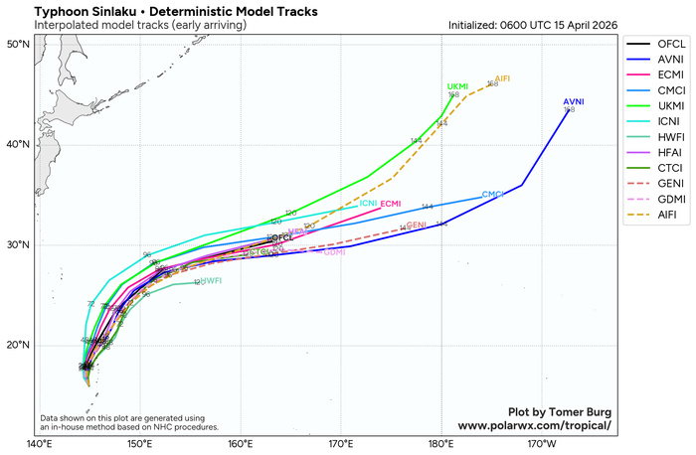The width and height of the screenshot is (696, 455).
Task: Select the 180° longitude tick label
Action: click(x=441, y=443)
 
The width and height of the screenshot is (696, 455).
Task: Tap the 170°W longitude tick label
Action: click(x=543, y=443)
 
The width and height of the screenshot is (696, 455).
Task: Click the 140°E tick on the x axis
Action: click(x=39, y=443)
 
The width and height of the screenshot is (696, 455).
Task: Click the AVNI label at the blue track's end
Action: click(x=574, y=102)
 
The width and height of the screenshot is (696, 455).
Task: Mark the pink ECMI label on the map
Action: click(x=390, y=204)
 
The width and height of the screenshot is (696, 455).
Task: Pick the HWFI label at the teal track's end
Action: click(x=210, y=281)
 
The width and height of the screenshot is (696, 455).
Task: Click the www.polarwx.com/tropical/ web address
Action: click(x=534, y=425)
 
